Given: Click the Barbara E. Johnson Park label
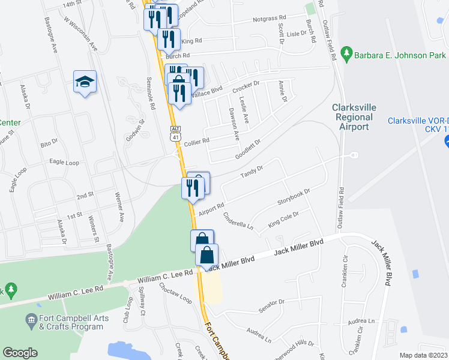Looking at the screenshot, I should click(x=400, y=55).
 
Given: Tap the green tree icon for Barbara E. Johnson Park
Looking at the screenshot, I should click(x=346, y=55).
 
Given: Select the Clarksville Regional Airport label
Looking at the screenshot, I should click(x=354, y=117).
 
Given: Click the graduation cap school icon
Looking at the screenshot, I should click(x=85, y=82).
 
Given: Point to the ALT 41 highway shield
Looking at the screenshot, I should click(x=175, y=133).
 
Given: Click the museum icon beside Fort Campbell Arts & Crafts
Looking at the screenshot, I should click(x=31, y=322).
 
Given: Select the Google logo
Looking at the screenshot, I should click(x=20, y=353).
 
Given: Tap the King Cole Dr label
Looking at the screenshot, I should click(x=283, y=219).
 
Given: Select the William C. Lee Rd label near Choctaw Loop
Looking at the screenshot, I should click(x=164, y=276).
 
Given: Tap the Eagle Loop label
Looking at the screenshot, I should click(x=64, y=162).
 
